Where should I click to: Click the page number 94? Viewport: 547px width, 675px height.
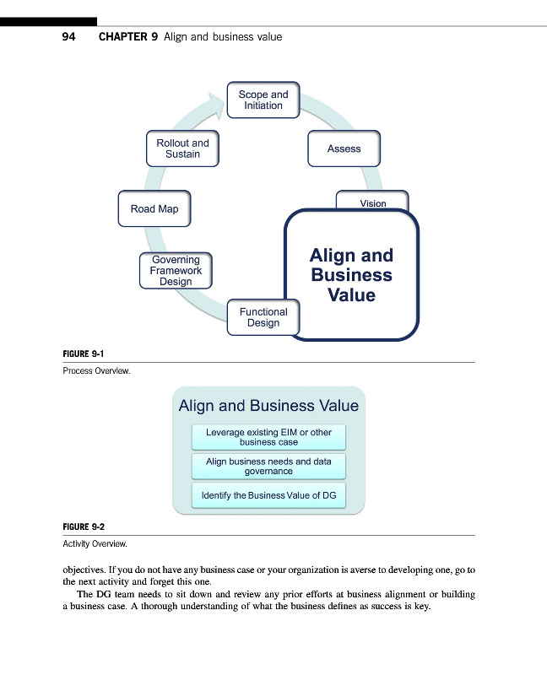point(69,37)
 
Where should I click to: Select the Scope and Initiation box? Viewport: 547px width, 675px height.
point(263,100)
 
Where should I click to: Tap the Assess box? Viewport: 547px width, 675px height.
point(344,148)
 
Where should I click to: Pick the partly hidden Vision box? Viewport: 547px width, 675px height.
point(372,201)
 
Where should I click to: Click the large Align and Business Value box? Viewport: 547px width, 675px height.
point(351,275)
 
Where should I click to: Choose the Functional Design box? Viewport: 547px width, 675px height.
point(263,317)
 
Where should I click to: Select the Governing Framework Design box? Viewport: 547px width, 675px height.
point(176,271)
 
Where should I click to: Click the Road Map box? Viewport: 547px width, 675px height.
point(154,209)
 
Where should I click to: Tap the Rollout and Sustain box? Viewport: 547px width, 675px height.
point(182,148)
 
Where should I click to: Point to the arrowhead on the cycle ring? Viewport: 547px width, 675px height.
point(216,99)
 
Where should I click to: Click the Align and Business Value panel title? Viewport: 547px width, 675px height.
point(268,406)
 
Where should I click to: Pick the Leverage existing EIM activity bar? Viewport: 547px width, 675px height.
point(268,437)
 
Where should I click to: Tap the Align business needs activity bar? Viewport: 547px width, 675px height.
point(268,467)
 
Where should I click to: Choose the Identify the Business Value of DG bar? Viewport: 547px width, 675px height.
point(268,495)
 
